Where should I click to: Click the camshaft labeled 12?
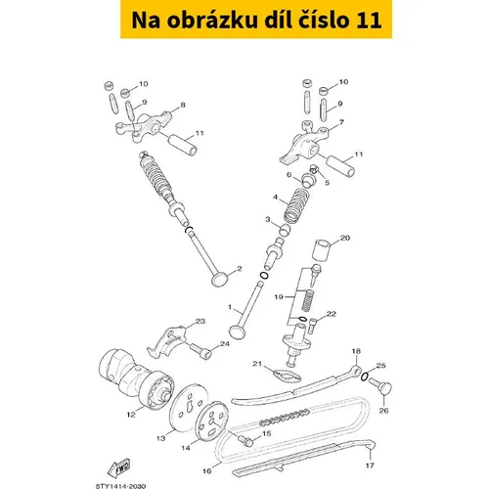[135, 379]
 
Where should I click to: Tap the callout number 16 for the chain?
[206, 471]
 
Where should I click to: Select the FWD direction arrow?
[119, 468]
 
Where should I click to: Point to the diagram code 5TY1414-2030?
[120, 486]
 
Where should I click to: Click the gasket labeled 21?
[288, 376]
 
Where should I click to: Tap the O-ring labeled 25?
[365, 376]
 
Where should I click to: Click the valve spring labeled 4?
[296, 204]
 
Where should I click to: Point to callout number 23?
[200, 321]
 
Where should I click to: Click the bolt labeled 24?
[200, 351]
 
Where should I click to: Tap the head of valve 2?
[219, 279]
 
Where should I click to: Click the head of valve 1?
[238, 333]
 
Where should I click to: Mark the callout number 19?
[279, 297]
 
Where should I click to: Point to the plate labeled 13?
[185, 408]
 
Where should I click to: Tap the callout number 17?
[370, 466]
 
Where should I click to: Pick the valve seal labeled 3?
[285, 230]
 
